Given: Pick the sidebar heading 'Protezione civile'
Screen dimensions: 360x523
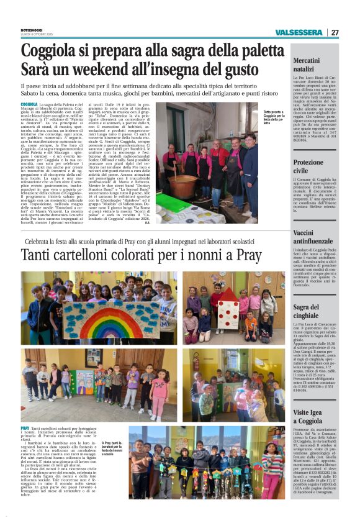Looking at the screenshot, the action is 308,166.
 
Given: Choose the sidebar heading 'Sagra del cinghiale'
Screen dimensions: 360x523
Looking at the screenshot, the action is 307,311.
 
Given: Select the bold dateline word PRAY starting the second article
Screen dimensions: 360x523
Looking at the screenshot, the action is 25,428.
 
